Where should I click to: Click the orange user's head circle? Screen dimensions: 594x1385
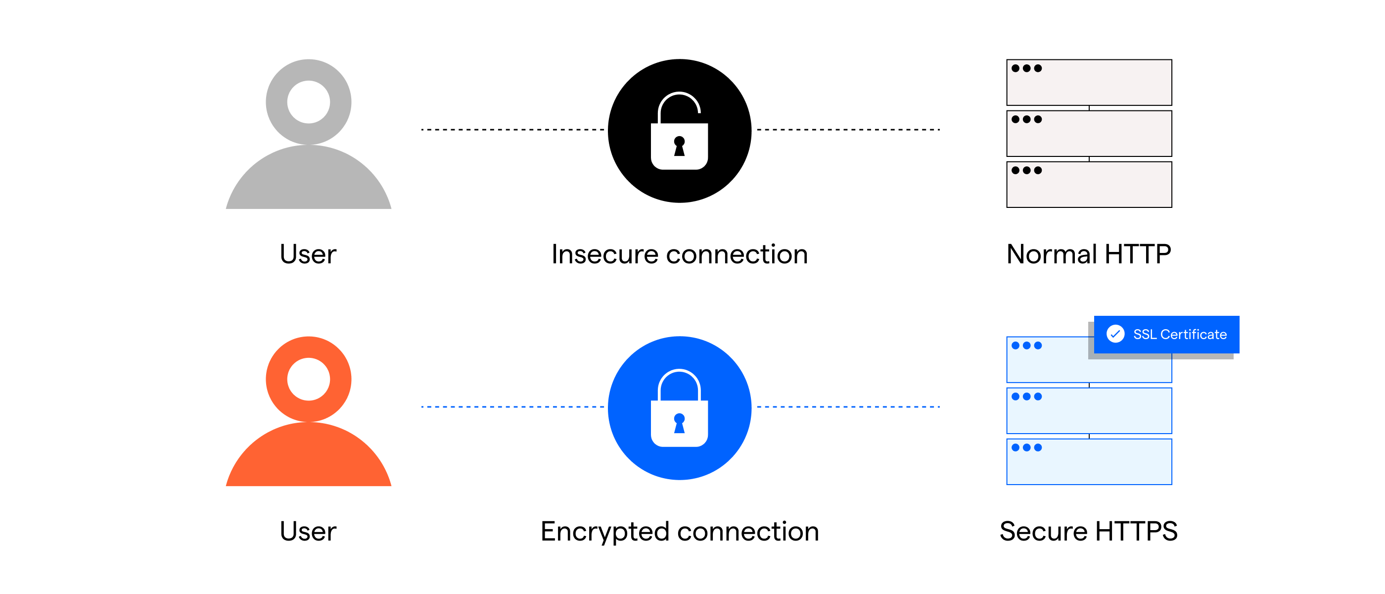click(308, 379)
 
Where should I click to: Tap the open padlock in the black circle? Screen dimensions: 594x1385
click(679, 132)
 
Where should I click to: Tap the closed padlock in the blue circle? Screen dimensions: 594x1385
click(679, 409)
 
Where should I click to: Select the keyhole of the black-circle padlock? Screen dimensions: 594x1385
click(679, 146)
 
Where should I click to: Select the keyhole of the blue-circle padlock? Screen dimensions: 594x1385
click(679, 423)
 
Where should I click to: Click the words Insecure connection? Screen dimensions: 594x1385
click(679, 254)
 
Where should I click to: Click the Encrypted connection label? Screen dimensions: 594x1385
click(679, 531)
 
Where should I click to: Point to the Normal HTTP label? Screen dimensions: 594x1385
click(1088, 254)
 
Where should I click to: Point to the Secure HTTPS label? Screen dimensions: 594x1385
click(1088, 531)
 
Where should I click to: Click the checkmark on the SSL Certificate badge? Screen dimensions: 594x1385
click(1115, 334)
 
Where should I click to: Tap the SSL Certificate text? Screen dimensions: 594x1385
click(1180, 334)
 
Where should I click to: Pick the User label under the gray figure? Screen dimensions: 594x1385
click(308, 254)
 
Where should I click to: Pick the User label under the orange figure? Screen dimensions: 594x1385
click(308, 531)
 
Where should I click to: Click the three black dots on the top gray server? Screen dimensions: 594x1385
click(1026, 68)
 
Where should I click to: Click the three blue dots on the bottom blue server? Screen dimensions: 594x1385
click(1026, 447)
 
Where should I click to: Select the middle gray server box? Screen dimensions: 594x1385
click(1089, 134)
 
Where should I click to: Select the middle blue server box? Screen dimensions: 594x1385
click(1089, 410)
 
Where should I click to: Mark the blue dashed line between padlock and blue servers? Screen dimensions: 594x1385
click(848, 407)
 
